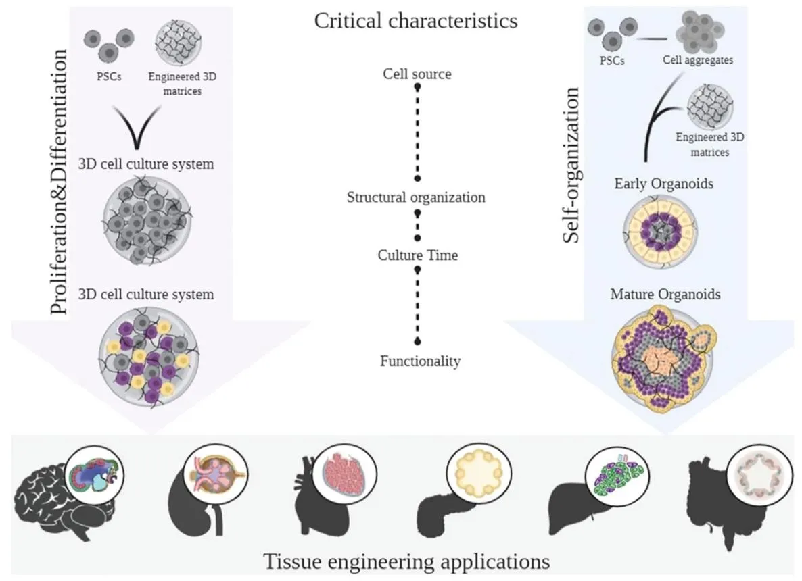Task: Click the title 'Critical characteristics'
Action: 416,21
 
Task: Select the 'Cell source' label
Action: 417,74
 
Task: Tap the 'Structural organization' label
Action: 416,197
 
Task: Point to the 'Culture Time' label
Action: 417,255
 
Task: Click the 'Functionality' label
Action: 420,361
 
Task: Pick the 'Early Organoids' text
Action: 663,183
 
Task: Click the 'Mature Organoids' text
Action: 665,295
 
